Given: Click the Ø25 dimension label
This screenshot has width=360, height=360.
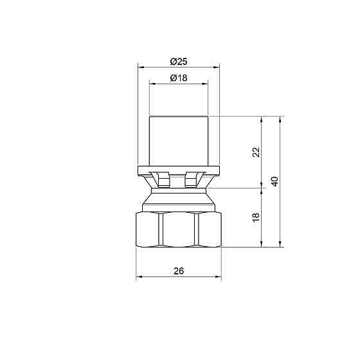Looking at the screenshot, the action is tap(179, 62).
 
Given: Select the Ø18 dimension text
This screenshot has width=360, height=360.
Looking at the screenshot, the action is tap(179, 78).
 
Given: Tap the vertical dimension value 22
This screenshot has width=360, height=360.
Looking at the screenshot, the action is tap(256, 152).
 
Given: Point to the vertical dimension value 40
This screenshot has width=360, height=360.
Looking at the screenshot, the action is tap(274, 181).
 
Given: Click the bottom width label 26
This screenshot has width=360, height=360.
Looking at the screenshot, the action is tap(179, 271).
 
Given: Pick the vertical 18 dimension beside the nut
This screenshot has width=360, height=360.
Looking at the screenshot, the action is tap(256, 217).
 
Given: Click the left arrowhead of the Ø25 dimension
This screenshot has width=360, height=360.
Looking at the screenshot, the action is tap(141, 67).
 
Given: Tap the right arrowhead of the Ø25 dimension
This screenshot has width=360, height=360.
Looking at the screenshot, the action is tap(217, 67).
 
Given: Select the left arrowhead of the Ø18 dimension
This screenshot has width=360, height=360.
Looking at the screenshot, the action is tap(152, 84).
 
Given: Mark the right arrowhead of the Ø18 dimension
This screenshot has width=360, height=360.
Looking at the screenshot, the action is tap(205, 84).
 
